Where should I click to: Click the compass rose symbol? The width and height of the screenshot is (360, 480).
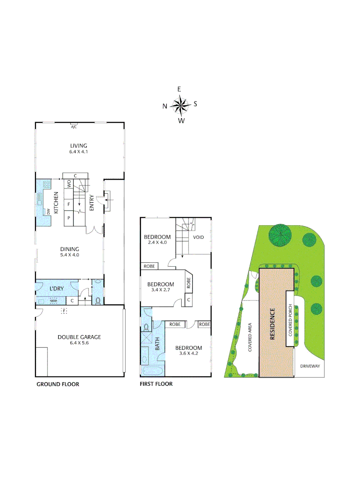tap(180, 105)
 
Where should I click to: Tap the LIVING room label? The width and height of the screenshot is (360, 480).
tap(78, 145)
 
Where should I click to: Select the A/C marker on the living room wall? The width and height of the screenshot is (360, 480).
tap(74, 127)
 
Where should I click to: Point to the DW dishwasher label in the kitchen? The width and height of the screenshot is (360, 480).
tap(48, 212)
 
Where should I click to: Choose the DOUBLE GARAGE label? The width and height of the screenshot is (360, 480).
tap(79, 337)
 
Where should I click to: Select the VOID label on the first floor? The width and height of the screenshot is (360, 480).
tap(198, 237)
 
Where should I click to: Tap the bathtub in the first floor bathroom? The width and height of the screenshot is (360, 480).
tap(152, 370)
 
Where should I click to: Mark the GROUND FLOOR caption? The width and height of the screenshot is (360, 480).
tap(57, 384)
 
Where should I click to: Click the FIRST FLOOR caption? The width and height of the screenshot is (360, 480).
tap(156, 384)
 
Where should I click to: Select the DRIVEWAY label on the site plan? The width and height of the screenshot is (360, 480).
tap(310, 366)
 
